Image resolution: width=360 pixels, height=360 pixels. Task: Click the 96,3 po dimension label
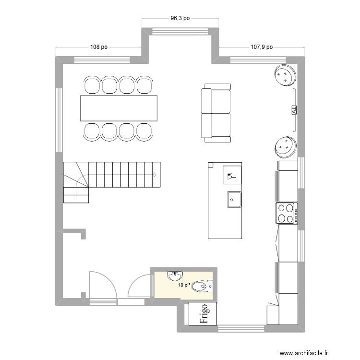pos(180,19)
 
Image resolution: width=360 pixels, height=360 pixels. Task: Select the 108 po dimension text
pos(98,47)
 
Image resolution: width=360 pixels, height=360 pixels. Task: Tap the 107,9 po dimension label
pos(262,47)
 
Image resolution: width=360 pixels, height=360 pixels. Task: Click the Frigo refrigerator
pos(203,314)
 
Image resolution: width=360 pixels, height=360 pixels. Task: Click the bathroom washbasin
pos(175,276)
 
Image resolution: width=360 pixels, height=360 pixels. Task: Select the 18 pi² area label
pos(184,285)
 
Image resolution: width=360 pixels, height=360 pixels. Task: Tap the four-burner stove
pos(287,214)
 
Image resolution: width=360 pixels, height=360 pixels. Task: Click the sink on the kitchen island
pos(234,198)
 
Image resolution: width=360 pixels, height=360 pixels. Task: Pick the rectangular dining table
pos(119,108)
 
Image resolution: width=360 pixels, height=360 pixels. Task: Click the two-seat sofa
pos(216,113)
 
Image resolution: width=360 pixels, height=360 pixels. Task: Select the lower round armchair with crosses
pos(285,146)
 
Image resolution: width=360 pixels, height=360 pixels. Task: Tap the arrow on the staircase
pos(155,174)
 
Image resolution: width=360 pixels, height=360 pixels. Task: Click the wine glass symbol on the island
pos(232,176)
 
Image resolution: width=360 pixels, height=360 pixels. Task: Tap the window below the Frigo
pos(241,329)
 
